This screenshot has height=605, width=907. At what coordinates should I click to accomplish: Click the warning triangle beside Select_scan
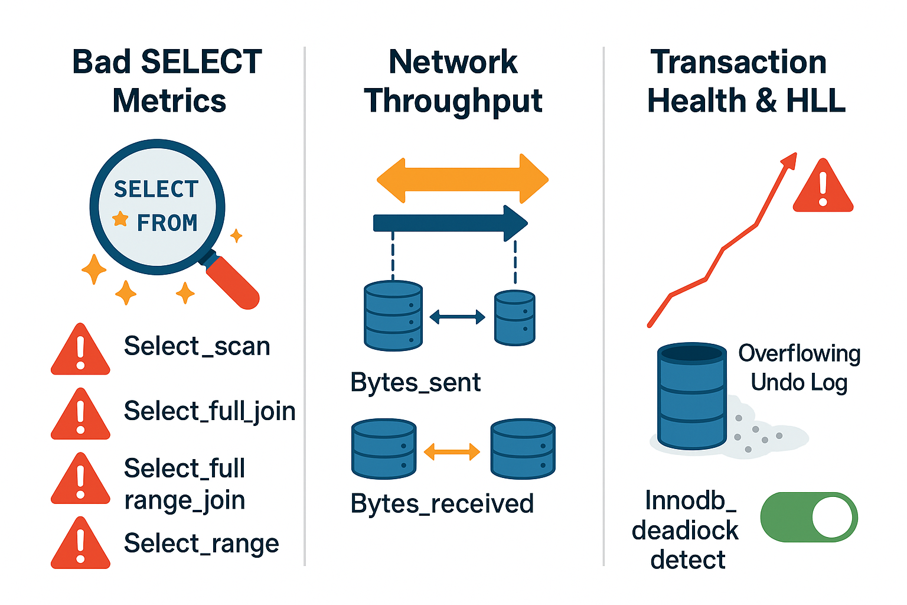point(80,350)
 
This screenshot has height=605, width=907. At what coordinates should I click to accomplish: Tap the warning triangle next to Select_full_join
point(80,415)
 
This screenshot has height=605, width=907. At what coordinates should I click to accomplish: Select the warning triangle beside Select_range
point(80,544)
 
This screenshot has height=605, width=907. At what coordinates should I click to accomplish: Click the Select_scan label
point(197,347)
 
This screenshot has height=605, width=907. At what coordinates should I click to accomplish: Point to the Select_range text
point(201,544)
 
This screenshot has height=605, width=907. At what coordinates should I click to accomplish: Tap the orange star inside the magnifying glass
point(120,219)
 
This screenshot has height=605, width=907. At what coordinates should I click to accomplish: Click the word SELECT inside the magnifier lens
point(156,189)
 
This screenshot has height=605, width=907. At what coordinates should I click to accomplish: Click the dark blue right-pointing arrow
point(451,223)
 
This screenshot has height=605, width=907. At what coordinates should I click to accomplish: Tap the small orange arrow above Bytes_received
point(452,451)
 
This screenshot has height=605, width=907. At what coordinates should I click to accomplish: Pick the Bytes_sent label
point(416,382)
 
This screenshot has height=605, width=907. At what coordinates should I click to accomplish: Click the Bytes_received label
point(442,504)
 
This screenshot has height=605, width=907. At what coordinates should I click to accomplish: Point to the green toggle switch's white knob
point(832,518)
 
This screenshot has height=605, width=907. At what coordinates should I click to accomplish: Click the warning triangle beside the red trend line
point(823,186)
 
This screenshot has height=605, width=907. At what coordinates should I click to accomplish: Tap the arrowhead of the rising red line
point(789,160)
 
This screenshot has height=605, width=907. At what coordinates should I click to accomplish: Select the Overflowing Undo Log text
point(800,368)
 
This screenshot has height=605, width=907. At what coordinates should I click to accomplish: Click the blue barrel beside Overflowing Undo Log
point(692,396)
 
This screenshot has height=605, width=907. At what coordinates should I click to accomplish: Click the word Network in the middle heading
point(453,62)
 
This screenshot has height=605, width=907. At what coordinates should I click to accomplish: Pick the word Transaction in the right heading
point(738,62)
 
